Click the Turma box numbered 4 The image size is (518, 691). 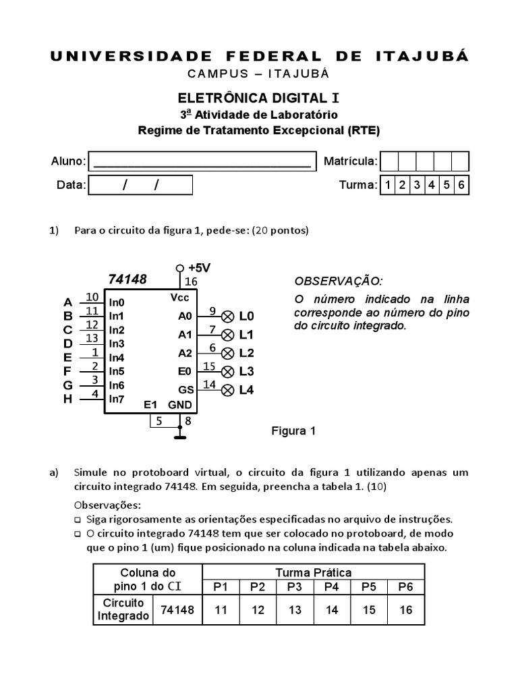coord(431,185)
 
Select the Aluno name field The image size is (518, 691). coord(202,161)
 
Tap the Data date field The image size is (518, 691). coord(141,185)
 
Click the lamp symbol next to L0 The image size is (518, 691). coord(228,316)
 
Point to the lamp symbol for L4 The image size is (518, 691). coord(228,389)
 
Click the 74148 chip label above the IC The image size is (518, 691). coord(127,279)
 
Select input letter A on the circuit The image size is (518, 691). coord(67,302)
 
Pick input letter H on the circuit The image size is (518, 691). coord(67,399)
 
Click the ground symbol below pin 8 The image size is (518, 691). coord(179,437)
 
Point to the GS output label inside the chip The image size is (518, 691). coord(185,389)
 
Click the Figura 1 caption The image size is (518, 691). coord(293,431)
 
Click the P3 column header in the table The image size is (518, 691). coord(295,586)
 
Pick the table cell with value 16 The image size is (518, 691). coord(405,610)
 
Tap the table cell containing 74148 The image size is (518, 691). coord(177,610)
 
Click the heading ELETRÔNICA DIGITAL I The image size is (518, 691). coord(259,99)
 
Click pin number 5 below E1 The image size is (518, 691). coord(159,421)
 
